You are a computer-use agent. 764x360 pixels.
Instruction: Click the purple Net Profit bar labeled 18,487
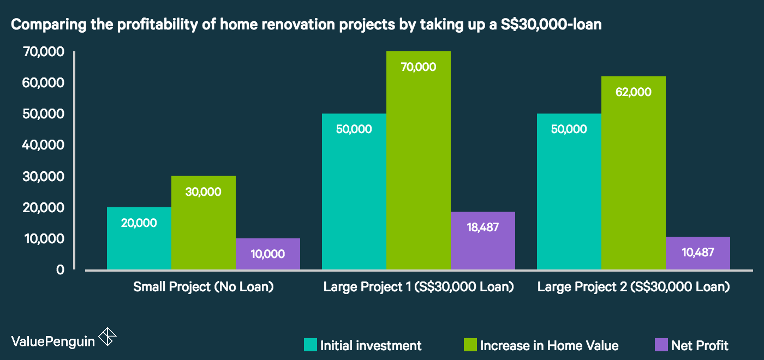pyautogui.click(x=483, y=241)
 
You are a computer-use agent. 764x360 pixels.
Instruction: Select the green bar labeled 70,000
pyautogui.click(x=419, y=160)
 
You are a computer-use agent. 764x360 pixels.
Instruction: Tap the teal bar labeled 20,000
pyautogui.click(x=139, y=238)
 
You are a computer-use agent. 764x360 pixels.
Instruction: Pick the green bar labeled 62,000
pyautogui.click(x=634, y=173)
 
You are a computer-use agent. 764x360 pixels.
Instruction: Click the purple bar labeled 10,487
pyautogui.click(x=698, y=253)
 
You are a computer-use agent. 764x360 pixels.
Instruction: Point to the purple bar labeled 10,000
pyautogui.click(x=268, y=254)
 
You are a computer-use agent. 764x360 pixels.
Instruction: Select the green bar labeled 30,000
pyautogui.click(x=204, y=223)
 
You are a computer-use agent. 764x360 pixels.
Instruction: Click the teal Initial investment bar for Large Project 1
pyautogui.click(x=354, y=191)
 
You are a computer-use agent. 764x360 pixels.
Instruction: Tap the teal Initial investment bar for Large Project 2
pyautogui.click(x=569, y=191)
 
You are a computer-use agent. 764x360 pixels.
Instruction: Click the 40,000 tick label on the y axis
pyautogui.click(x=43, y=145)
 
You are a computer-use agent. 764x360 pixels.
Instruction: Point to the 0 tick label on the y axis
pyautogui.click(x=61, y=269)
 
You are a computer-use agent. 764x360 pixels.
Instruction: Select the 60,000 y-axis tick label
pyautogui.click(x=43, y=82)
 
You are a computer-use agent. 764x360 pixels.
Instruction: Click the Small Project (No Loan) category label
pyautogui.click(x=203, y=287)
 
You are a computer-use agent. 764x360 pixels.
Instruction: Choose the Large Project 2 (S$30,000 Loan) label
pyautogui.click(x=634, y=287)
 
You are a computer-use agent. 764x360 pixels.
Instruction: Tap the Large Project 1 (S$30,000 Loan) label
pyautogui.click(x=419, y=287)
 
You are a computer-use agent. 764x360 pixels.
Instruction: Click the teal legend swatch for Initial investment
pyautogui.click(x=311, y=345)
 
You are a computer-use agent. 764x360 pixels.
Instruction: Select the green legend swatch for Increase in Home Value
pyautogui.click(x=470, y=345)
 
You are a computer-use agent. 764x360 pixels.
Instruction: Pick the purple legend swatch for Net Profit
pyautogui.click(x=661, y=345)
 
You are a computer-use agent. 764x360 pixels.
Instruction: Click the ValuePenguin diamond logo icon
pyautogui.click(x=108, y=337)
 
